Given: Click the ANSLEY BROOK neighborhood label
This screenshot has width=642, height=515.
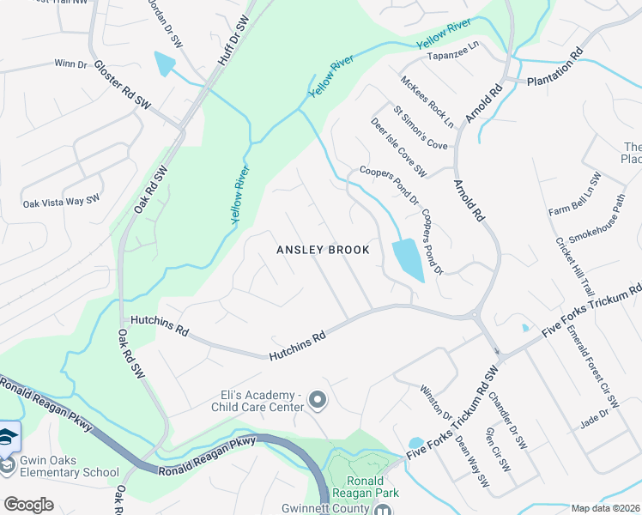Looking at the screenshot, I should pos(323,250).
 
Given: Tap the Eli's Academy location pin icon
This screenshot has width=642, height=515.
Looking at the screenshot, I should pos(318,400).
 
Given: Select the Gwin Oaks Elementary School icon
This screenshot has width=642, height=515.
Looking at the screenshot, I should pos(8,437).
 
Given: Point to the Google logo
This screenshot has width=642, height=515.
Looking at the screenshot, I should pos(28,505).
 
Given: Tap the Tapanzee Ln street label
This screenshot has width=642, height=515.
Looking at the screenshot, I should pos(452,51).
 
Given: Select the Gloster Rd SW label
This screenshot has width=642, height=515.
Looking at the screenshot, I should pos(122,84).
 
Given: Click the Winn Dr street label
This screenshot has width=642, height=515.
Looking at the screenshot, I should pos(71,64).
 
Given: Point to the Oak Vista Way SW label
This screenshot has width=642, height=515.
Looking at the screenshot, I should pos(62,202).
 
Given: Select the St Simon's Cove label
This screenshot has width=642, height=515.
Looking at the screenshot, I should pos(421,127).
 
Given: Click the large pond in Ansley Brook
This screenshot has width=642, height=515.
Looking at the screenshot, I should pos(407,259).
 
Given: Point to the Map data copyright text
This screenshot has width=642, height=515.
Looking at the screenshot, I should pos(604,508).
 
